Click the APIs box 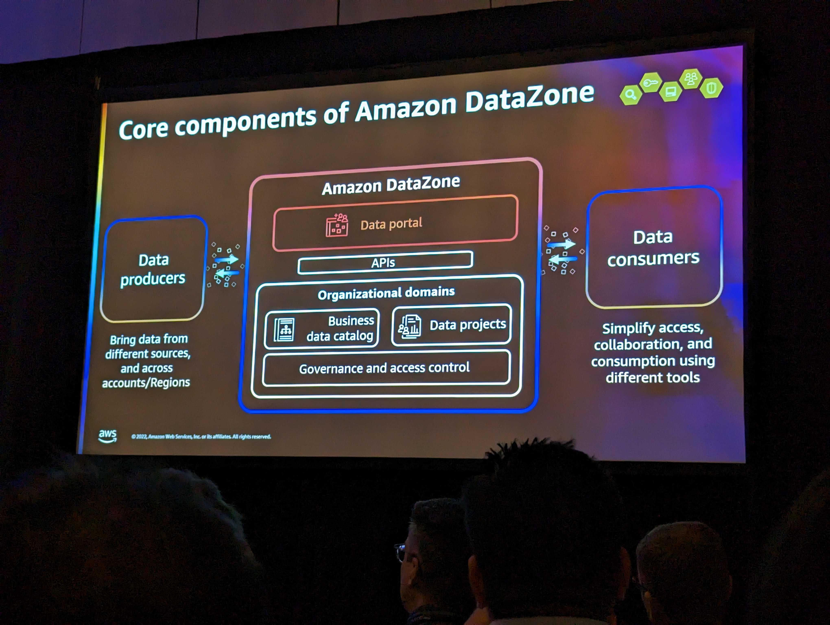[385, 262]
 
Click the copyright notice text [201, 437]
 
